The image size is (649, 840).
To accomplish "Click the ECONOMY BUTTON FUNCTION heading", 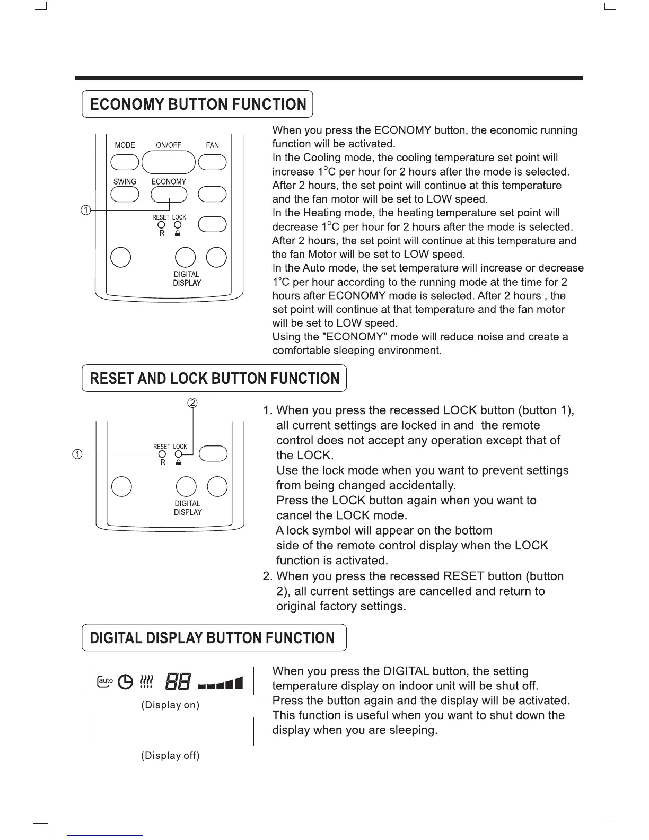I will (197, 104).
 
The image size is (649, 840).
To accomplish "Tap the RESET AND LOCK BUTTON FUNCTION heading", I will (214, 378).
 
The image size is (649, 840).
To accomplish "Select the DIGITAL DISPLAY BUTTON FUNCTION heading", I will (212, 637).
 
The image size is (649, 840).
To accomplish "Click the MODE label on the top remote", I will (125, 145).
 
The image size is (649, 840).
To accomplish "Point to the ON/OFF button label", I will (169, 145).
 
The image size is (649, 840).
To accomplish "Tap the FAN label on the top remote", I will (212, 145).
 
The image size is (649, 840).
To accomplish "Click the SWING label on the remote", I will (125, 181).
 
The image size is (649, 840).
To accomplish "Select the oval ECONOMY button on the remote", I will (169, 195).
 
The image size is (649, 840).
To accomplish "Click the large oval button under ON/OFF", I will (169, 162).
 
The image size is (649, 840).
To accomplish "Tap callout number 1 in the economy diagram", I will (85, 210).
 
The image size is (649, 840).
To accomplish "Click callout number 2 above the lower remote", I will (193, 402).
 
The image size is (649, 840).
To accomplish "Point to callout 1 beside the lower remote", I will (77, 454).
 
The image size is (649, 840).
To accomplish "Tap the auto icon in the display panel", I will (105, 681).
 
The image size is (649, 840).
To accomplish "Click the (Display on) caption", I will (170, 705).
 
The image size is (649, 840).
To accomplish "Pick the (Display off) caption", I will (170, 756).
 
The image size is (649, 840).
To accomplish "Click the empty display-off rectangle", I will (170, 731).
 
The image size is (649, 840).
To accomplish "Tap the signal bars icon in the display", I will (220, 683).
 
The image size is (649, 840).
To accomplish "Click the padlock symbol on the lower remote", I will (179, 463).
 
